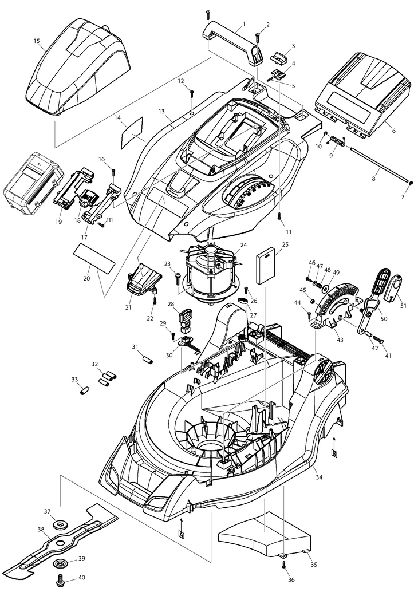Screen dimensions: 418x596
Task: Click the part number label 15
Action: (x=37, y=41)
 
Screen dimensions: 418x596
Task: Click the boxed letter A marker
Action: (x=182, y=533)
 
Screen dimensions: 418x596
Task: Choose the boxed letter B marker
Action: (x=334, y=453)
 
